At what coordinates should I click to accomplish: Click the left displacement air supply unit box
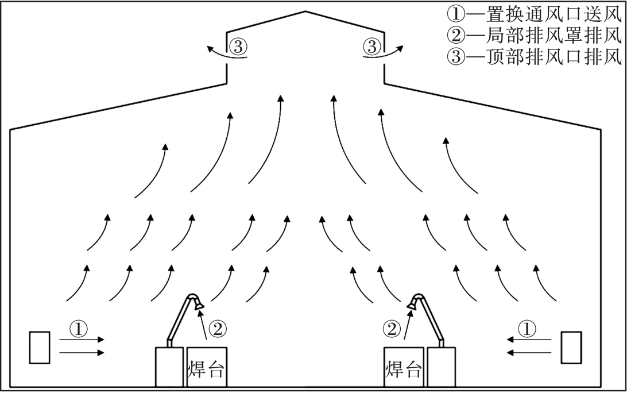pyautogui.click(x=40, y=347)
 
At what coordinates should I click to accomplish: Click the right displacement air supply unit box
pyautogui.click(x=571, y=347)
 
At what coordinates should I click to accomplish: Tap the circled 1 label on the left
pyautogui.click(x=78, y=329)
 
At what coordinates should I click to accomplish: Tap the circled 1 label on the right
pyautogui.click(x=527, y=329)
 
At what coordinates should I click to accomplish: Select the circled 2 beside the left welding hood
pyautogui.click(x=217, y=329)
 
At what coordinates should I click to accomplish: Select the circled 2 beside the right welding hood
pyautogui.click(x=392, y=329)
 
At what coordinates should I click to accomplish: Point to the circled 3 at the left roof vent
pyautogui.click(x=237, y=46)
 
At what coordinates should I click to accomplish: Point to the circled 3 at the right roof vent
pyautogui.click(x=373, y=46)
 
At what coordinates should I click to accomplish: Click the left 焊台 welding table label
pyautogui.click(x=205, y=368)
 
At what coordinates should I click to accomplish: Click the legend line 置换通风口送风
pyautogui.click(x=535, y=13)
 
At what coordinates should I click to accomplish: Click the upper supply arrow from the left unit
pyautogui.click(x=82, y=340)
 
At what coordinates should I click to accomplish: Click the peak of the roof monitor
pyautogui.click(x=305, y=13)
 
